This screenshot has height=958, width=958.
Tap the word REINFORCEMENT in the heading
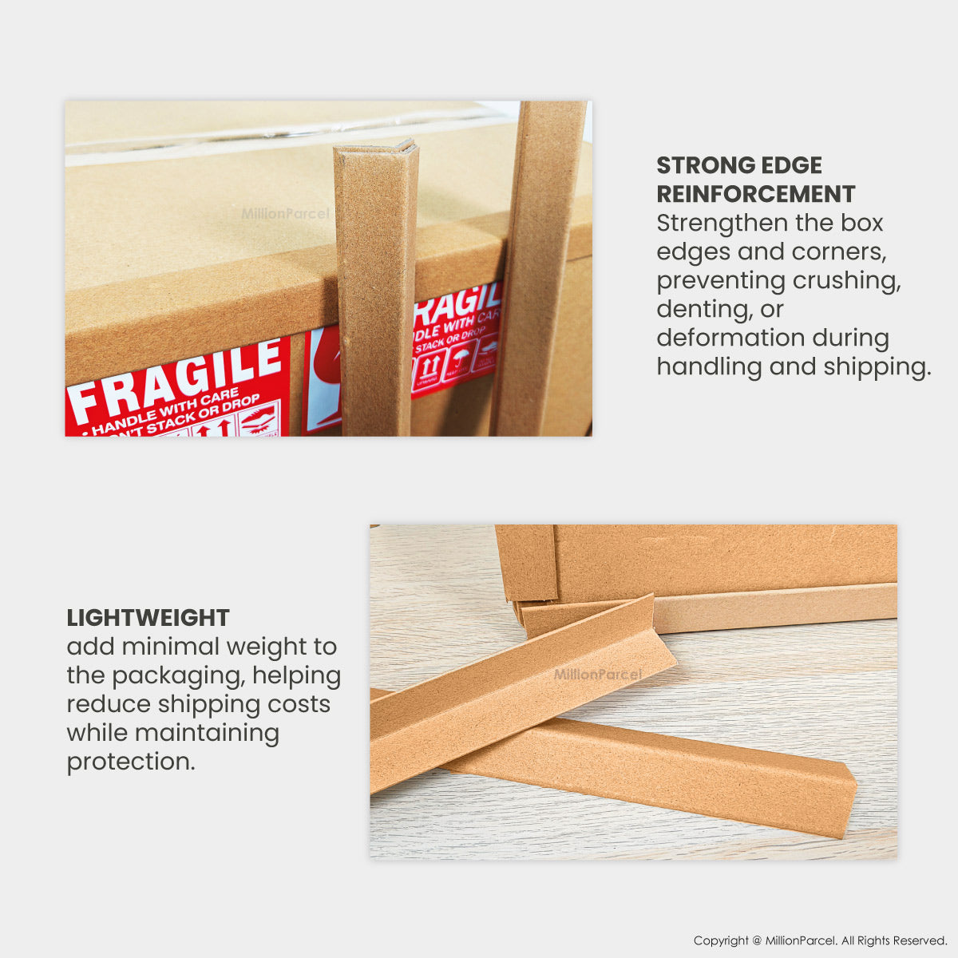(755, 194)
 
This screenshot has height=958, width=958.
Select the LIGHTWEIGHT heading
(148, 618)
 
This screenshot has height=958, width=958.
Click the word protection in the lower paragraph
(130, 762)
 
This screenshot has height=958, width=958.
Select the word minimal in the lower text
(168, 647)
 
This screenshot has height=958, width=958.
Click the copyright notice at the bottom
(820, 940)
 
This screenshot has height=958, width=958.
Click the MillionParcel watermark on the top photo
(285, 214)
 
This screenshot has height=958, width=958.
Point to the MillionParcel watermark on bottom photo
(597, 675)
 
